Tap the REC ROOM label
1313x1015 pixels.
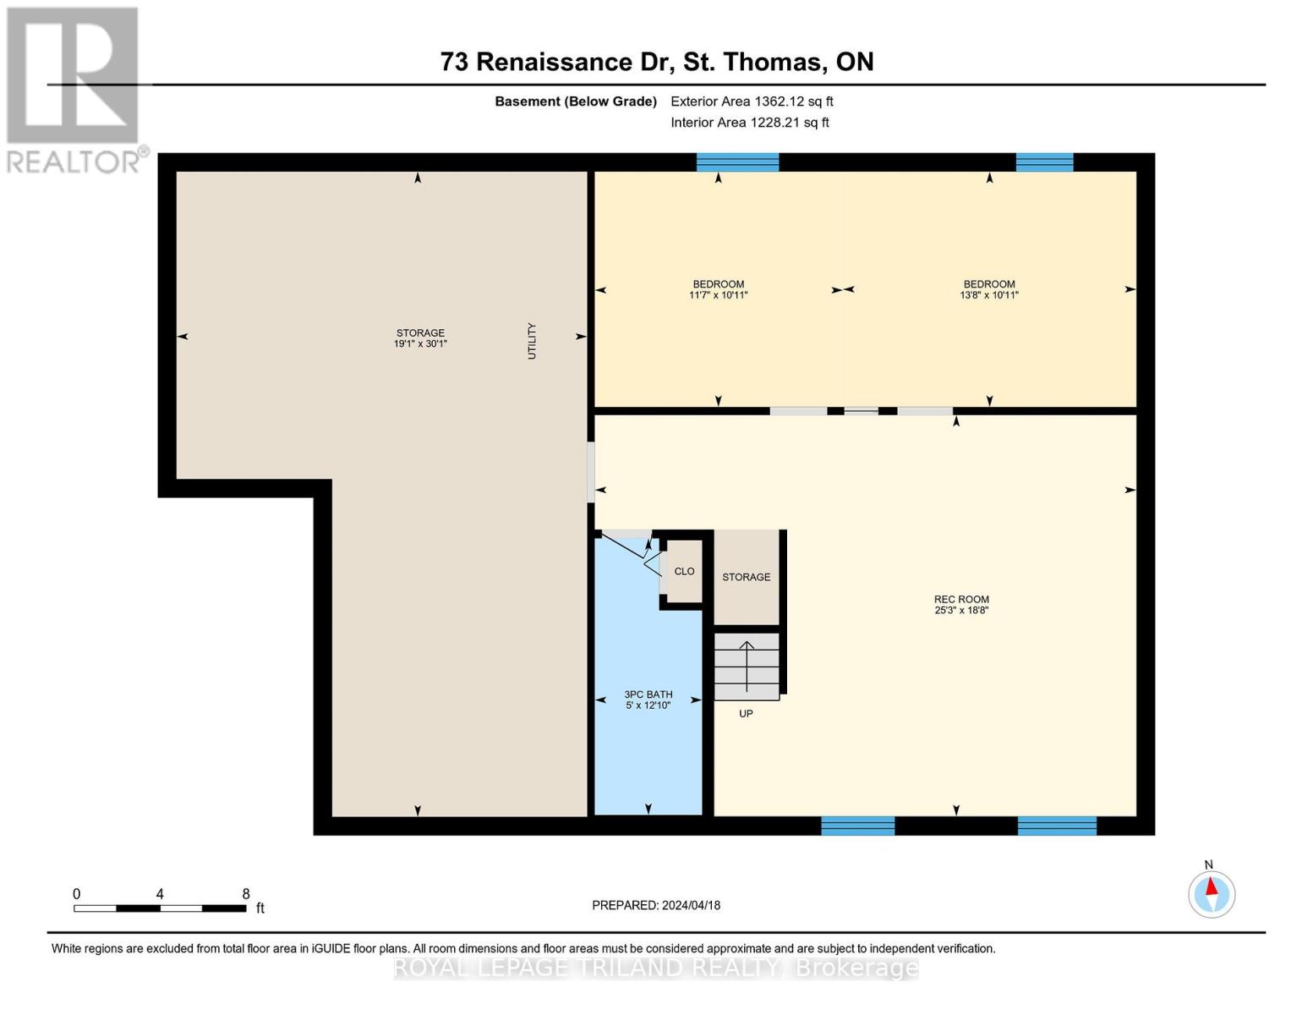pos(961,604)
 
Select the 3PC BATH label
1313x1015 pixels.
pos(648,700)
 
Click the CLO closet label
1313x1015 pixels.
pos(684,572)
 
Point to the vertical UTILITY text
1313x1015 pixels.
pos(532,341)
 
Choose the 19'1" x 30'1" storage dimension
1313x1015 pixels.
pos(420,344)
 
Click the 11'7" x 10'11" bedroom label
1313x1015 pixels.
pos(718,295)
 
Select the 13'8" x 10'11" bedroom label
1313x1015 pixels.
pos(988,295)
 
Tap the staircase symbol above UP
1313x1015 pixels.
pos(747,667)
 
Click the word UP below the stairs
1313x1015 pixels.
pos(746,714)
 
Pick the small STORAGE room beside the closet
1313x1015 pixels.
pos(746,577)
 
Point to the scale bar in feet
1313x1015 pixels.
pos(160,908)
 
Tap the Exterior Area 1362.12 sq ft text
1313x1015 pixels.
pos(752,101)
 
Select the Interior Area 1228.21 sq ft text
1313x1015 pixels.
pos(749,123)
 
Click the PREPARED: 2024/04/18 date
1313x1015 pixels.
pos(656,905)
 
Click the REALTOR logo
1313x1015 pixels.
pos(74,89)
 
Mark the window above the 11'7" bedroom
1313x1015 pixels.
pos(737,162)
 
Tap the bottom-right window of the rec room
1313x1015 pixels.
pos(1057,826)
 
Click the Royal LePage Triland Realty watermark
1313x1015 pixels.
pos(656,968)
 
